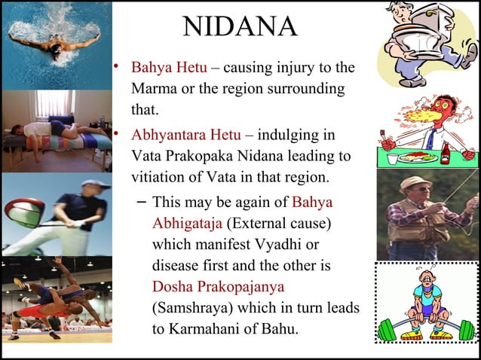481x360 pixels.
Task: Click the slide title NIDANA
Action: [x=240, y=27]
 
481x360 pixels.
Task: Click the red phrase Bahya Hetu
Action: [x=164, y=68]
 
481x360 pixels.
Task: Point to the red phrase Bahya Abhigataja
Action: [x=241, y=212]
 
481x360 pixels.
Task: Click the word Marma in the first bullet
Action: [x=154, y=89]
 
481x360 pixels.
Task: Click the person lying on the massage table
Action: [x=57, y=133]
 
